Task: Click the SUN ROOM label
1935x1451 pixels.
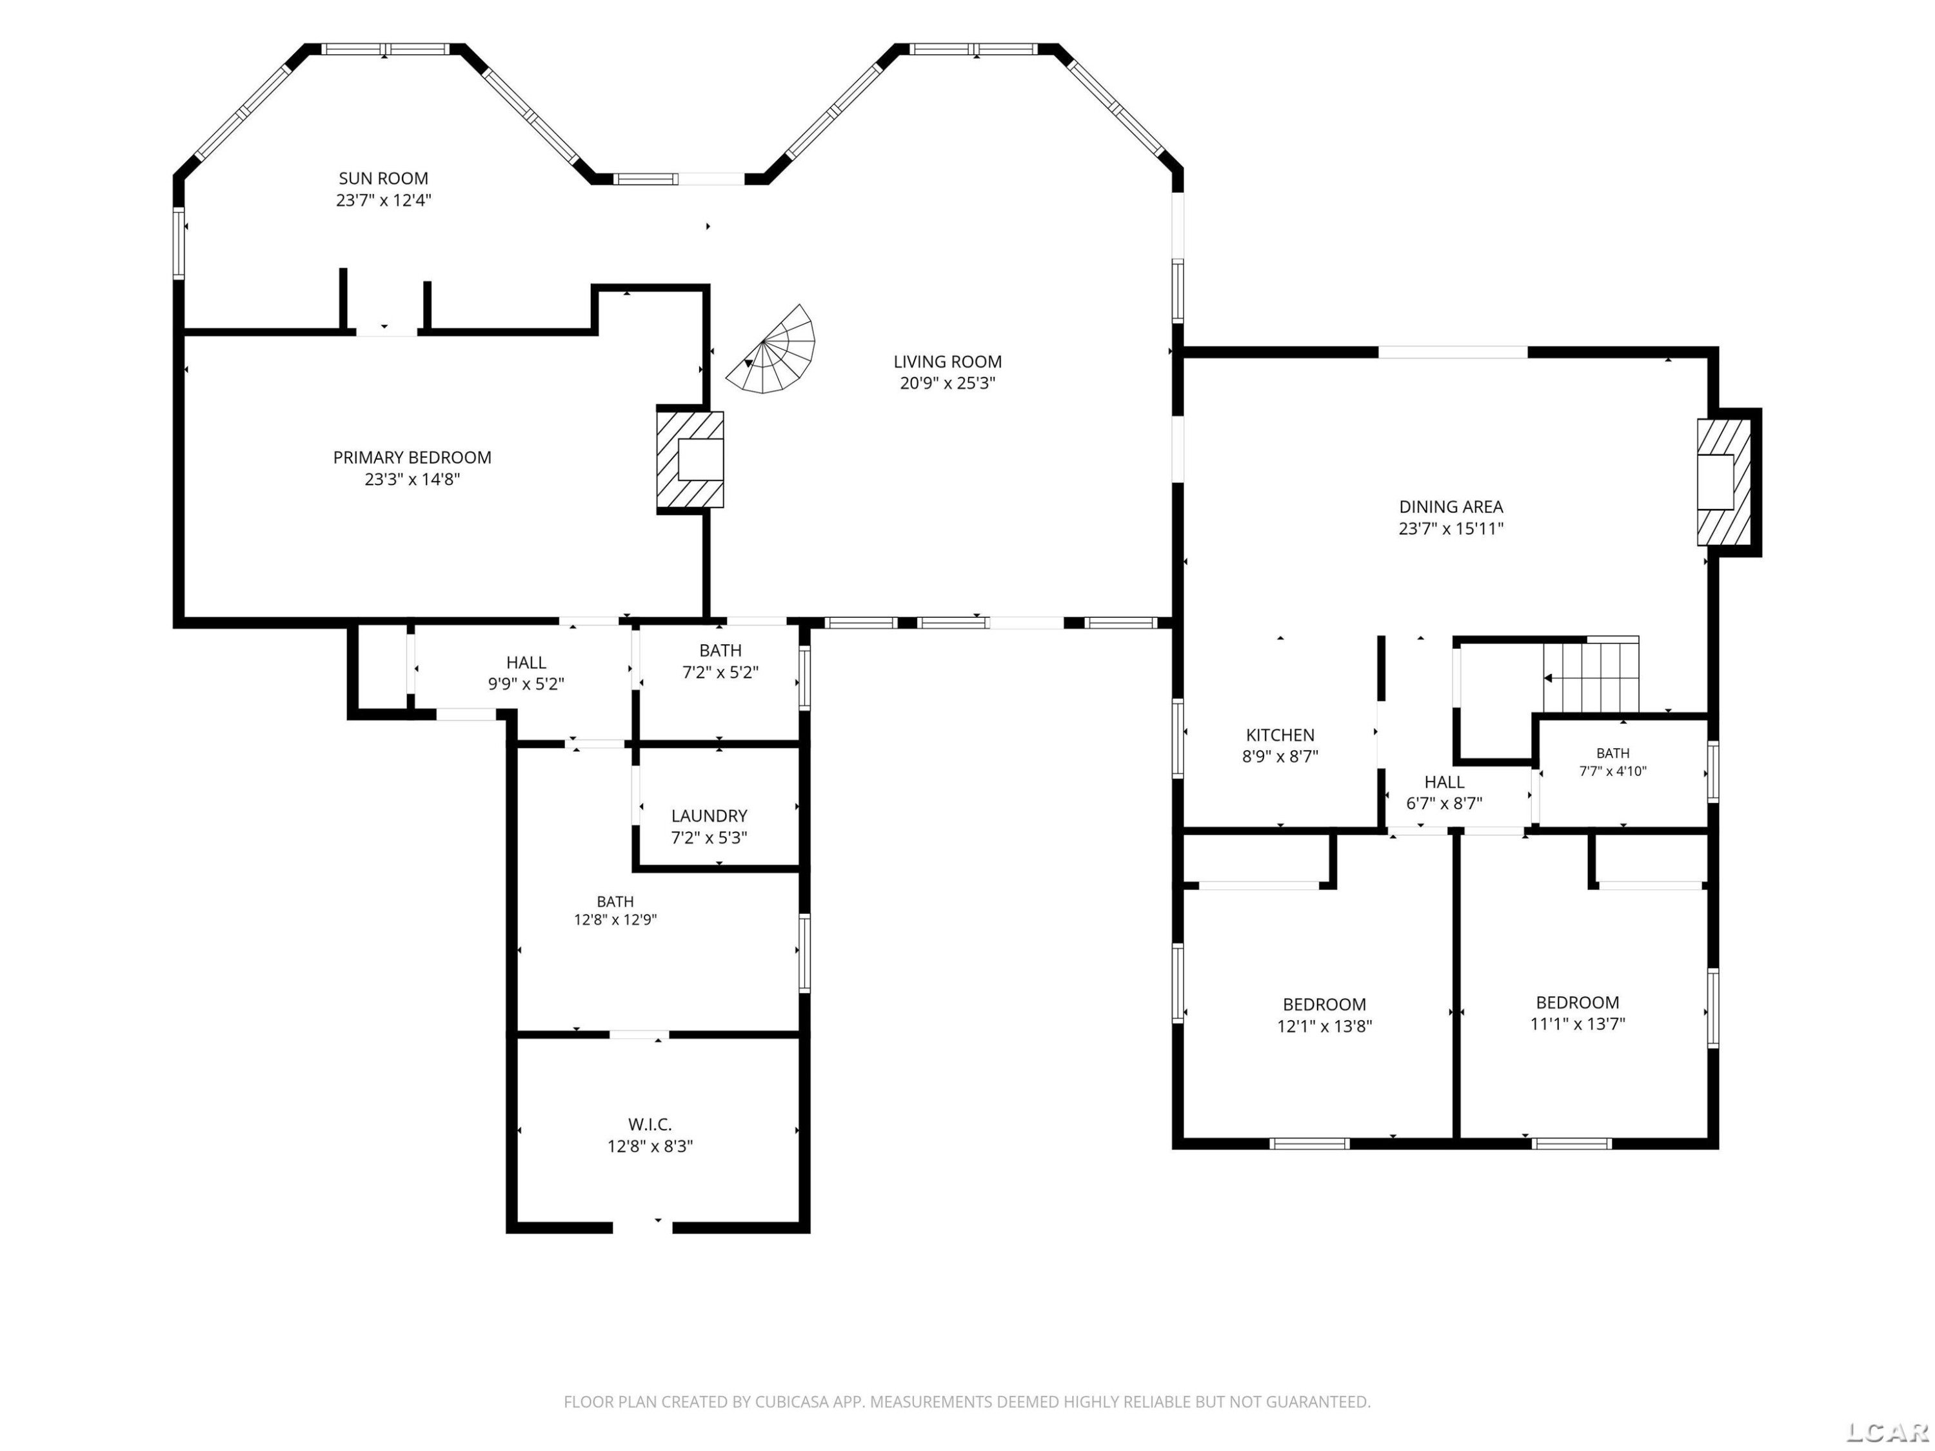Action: coord(383,179)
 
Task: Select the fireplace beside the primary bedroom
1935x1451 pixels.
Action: coord(690,459)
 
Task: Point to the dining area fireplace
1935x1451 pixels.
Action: coord(1723,482)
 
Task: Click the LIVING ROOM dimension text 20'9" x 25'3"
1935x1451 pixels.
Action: coord(948,383)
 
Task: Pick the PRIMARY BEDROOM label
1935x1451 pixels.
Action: coord(412,457)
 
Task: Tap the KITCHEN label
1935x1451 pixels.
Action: coord(1280,736)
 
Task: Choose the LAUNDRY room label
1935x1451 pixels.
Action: coord(709,816)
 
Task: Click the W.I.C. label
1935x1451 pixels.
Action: coord(650,1125)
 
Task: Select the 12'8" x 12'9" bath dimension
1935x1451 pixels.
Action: coord(615,920)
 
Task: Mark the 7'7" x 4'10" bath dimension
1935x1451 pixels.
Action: coord(1612,771)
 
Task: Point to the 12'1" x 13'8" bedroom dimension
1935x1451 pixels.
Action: coord(1324,1026)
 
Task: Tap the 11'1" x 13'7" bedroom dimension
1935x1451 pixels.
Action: coord(1577,1024)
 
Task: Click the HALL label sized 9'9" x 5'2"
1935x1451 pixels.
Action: coord(526,663)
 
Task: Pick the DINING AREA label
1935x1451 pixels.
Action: coord(1451,506)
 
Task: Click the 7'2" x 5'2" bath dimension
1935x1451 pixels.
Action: coord(720,673)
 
